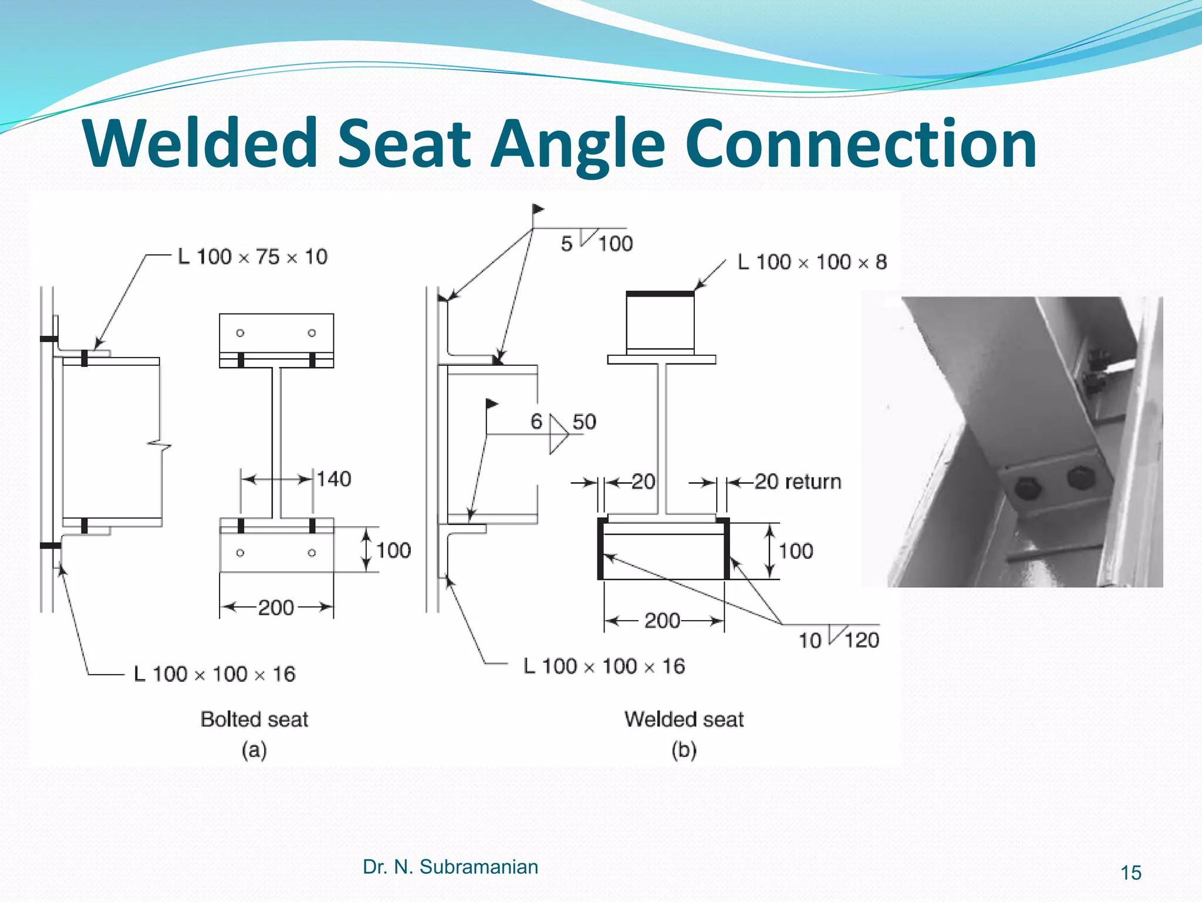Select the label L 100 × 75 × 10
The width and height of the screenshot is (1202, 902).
(252, 257)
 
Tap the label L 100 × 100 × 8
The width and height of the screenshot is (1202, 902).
(812, 262)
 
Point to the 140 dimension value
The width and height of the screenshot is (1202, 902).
(334, 479)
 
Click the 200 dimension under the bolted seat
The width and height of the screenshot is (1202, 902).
(276, 607)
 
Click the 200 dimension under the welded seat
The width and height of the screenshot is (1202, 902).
(662, 621)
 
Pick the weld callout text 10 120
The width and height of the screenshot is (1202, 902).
(839, 640)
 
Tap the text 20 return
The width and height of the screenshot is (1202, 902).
(798, 482)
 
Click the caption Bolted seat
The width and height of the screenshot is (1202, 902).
(254, 719)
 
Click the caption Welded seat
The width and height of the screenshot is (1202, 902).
(684, 719)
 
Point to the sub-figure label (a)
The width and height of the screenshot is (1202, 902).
(254, 750)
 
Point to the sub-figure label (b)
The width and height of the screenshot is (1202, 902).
(684, 750)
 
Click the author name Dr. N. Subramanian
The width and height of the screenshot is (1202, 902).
(450, 867)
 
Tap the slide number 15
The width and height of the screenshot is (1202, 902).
(1131, 873)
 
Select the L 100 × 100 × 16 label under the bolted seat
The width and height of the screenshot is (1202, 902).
(215, 674)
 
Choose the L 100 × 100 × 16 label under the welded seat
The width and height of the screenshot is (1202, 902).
(605, 667)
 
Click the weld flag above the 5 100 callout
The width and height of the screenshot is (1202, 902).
(538, 209)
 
